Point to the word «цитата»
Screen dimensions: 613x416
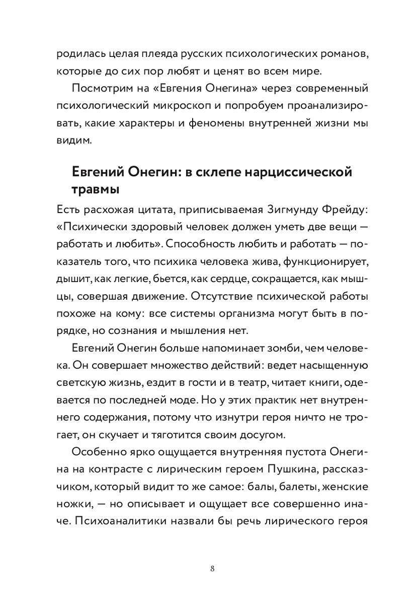(132, 209)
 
